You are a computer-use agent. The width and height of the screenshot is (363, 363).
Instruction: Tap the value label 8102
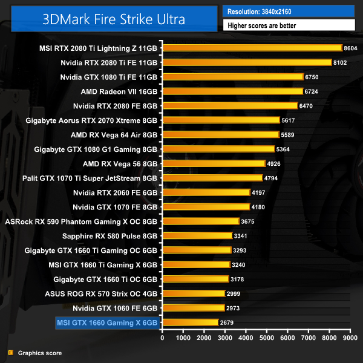point(342,62)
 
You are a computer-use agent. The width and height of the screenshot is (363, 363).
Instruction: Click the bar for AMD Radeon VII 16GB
point(232,91)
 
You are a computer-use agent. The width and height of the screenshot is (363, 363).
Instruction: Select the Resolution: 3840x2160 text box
point(288,11)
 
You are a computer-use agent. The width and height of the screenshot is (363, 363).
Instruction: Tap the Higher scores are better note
point(288,25)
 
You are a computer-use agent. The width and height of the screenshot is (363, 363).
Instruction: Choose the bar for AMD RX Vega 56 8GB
point(214,163)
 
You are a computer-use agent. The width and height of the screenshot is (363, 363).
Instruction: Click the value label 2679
point(227,322)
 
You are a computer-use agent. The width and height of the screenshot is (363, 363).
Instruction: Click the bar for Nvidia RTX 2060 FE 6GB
point(206,192)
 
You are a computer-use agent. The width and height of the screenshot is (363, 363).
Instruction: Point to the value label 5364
point(284,149)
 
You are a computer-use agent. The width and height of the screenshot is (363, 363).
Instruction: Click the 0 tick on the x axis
point(162,338)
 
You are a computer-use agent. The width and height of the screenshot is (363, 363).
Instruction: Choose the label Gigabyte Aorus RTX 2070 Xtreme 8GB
point(91,120)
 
